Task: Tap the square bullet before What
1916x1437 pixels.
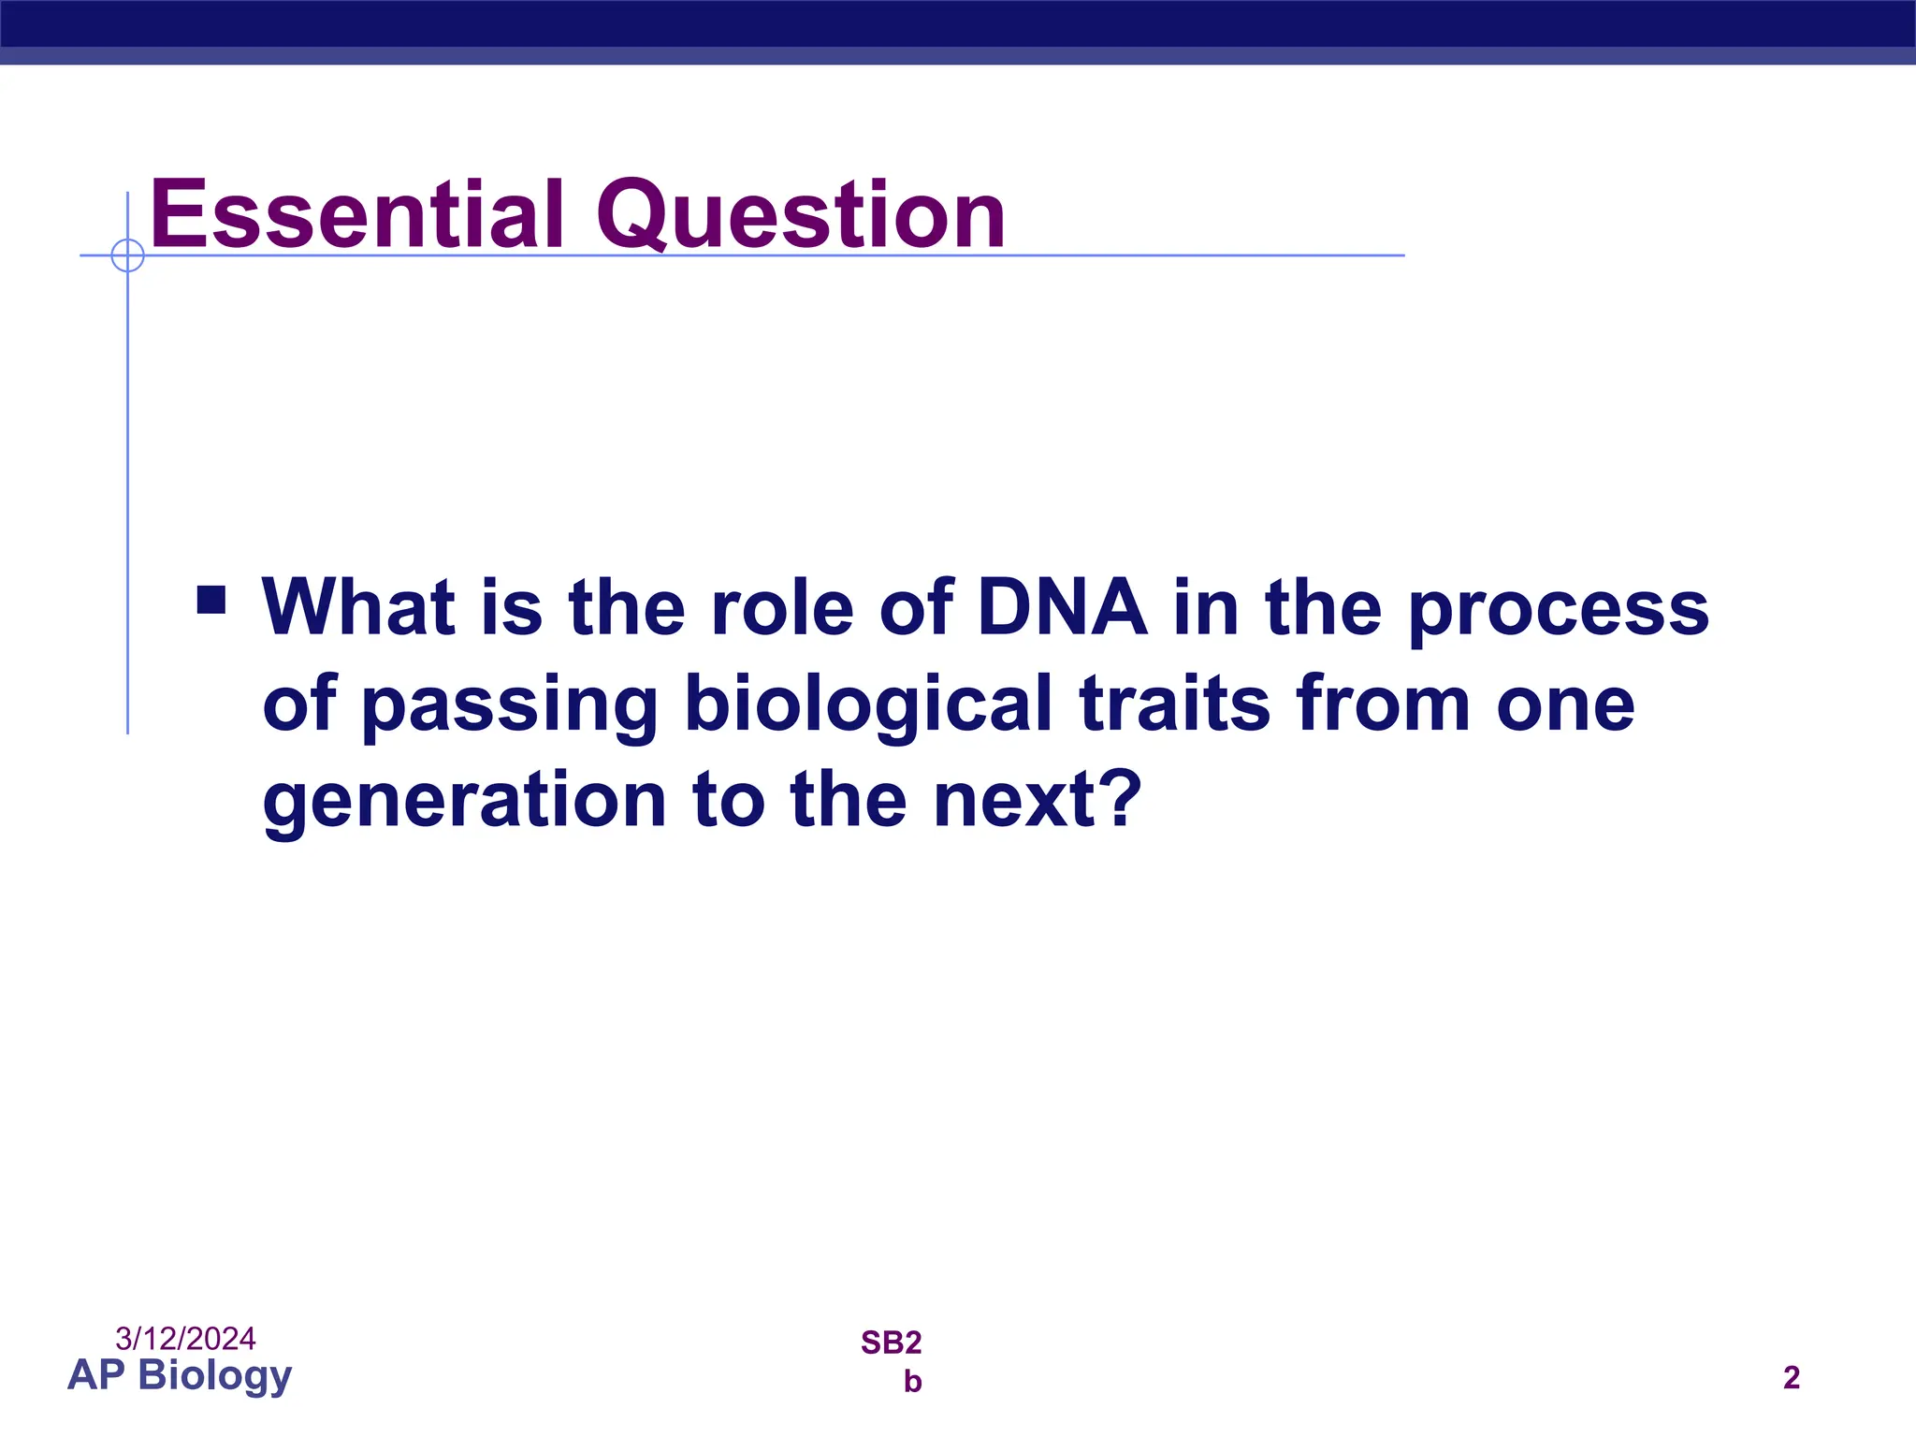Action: pos(211,600)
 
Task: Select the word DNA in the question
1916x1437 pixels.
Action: pos(1062,608)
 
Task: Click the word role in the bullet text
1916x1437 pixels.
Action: pos(782,608)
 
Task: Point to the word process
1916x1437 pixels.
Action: pos(1558,610)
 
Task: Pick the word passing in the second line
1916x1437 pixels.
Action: pos(510,705)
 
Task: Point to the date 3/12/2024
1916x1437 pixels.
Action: pos(185,1339)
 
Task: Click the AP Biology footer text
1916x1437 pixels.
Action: pos(180,1375)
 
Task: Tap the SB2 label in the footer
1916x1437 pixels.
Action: pos(891,1343)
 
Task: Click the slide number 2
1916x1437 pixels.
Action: pos(1791,1378)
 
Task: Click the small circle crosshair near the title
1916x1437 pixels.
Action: pos(127,255)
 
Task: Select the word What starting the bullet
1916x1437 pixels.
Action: pos(358,608)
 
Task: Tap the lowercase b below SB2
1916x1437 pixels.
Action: pos(912,1382)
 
